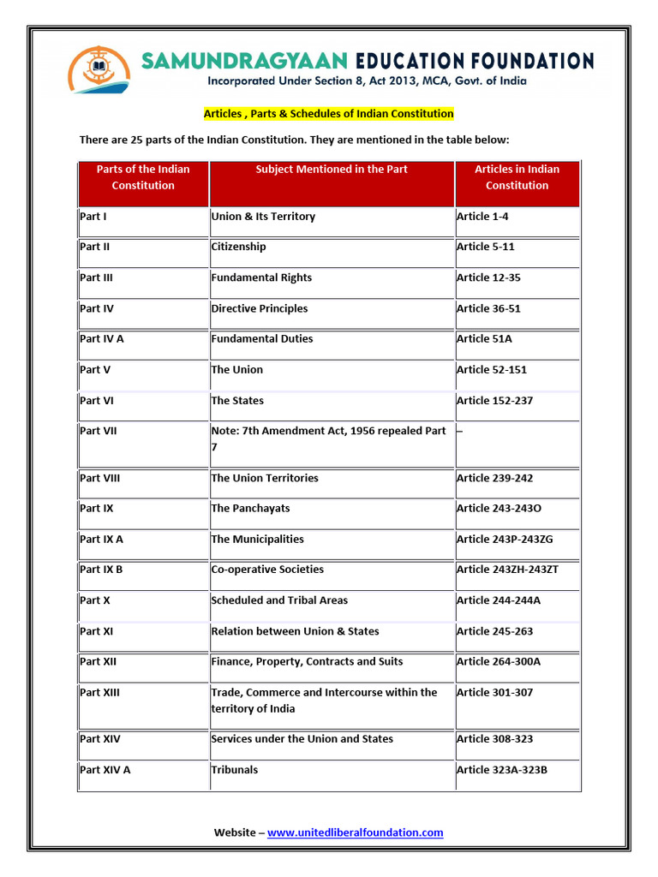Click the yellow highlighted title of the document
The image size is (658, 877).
pos(328,113)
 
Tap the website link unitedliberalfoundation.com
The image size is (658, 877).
pos(355,832)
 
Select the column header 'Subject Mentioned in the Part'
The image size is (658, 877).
pos(332,170)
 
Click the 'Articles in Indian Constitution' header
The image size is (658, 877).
pos(517,177)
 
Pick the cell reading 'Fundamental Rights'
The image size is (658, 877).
pos(261,277)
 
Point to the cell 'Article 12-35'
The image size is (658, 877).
pos(488,277)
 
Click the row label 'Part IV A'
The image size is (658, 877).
pos(102,339)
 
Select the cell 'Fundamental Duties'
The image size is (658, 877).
pos(262,339)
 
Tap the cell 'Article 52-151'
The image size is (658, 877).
pos(492,370)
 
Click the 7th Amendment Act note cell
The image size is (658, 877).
pos(328,439)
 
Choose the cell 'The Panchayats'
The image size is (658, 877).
pos(250,509)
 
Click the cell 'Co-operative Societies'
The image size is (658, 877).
pos(267,570)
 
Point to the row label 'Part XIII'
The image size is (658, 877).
pos(99,692)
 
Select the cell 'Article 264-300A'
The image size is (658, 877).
pos(499,662)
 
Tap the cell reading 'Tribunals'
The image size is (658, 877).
pos(234,770)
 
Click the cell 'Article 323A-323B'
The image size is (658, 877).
pos(502,770)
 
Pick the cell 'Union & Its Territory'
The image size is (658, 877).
pos(263,217)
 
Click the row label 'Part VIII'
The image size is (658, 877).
pos(99,478)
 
